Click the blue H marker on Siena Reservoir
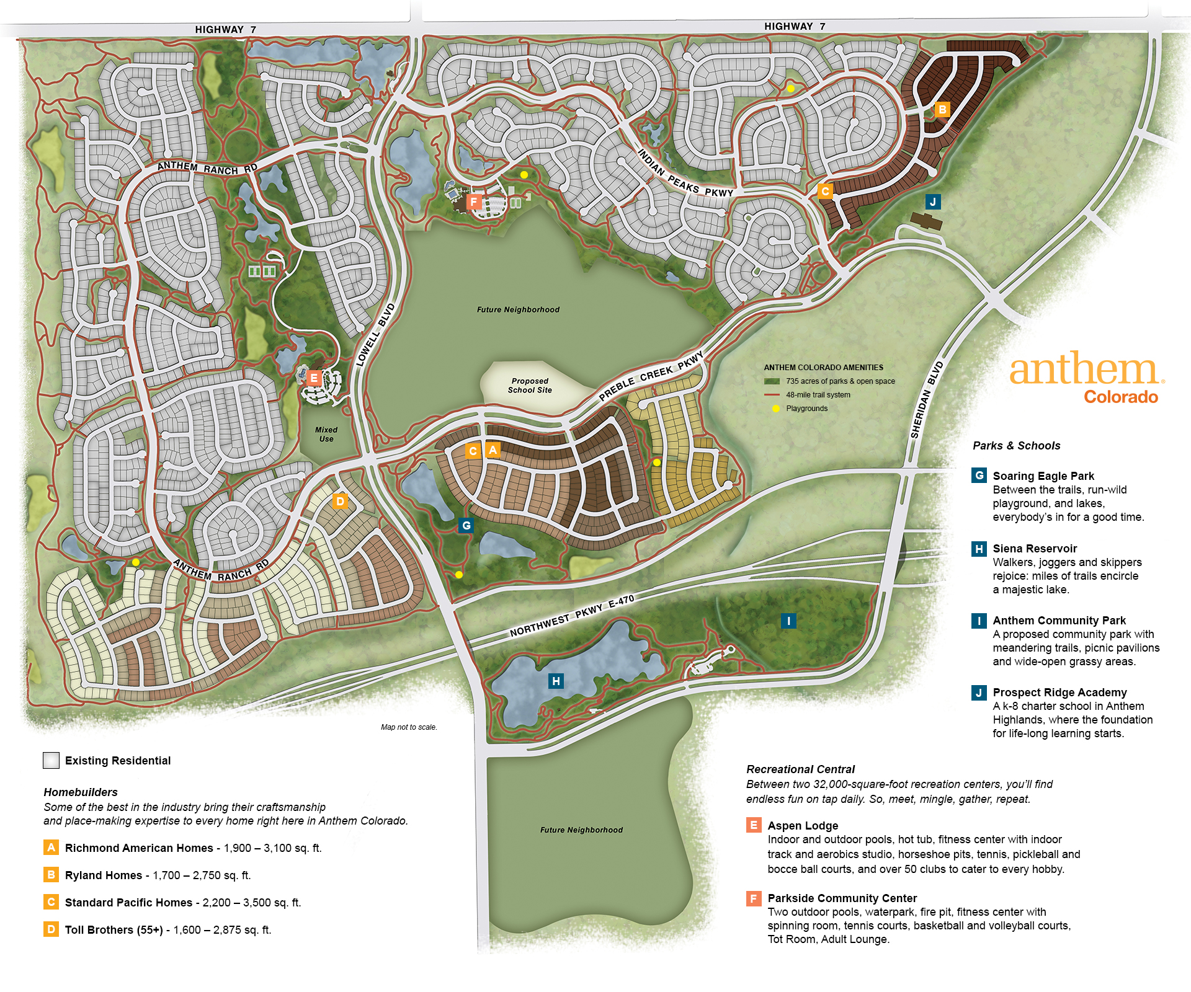tap(556, 681)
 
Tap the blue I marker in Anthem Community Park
tap(788, 621)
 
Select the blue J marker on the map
tap(932, 201)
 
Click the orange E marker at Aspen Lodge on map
tap(314, 378)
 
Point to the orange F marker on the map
tap(474, 201)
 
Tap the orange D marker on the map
tap(340, 501)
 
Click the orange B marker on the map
tap(942, 110)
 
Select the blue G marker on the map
tap(466, 526)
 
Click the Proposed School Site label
tap(530, 386)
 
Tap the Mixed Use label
tap(326, 434)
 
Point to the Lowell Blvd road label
tap(375, 335)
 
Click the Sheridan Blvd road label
tap(927, 400)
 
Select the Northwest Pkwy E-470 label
tap(572, 616)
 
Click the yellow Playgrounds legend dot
tap(775, 409)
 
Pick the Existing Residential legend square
tap(51, 760)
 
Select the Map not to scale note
tap(409, 727)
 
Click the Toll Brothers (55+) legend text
tap(114, 929)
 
